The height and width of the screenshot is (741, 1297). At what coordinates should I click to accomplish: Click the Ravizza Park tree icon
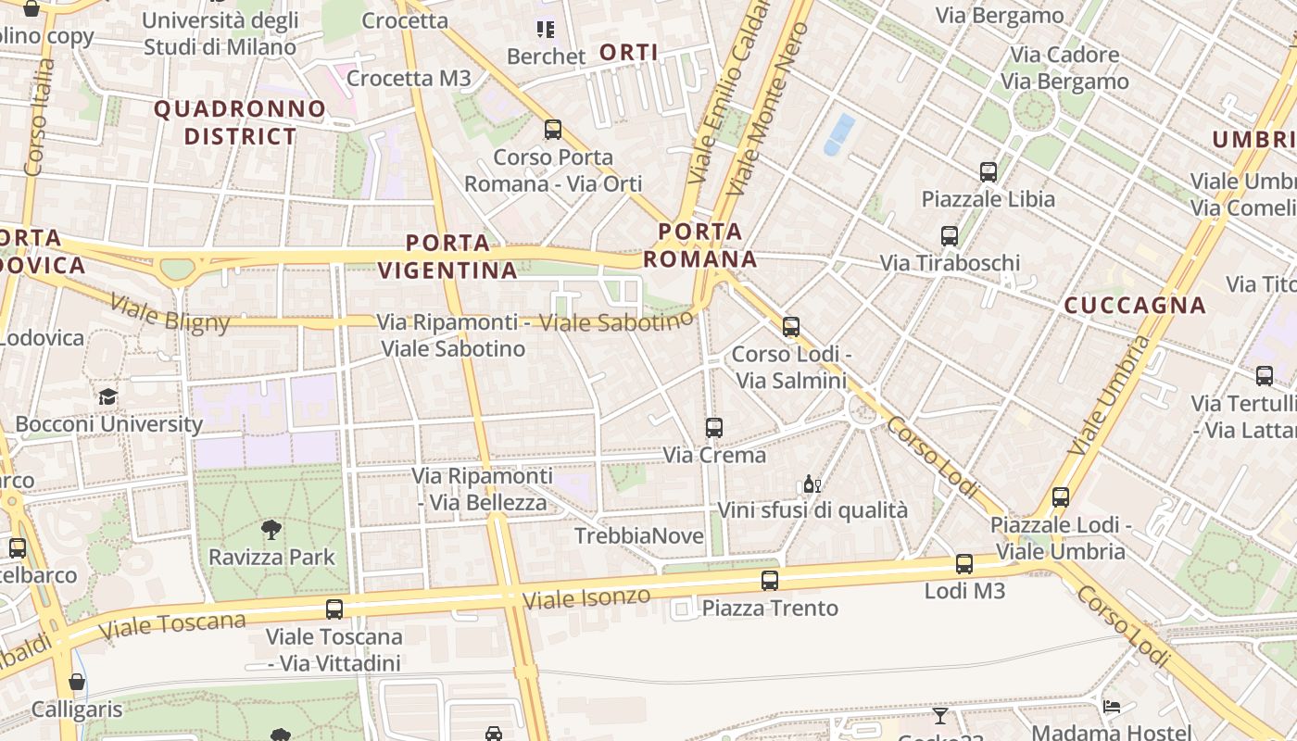click(271, 530)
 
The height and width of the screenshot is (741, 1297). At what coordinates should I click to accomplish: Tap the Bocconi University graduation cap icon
click(108, 397)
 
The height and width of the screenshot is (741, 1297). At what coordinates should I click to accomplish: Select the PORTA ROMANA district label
click(700, 245)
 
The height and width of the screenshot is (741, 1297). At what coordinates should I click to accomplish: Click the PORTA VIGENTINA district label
click(448, 257)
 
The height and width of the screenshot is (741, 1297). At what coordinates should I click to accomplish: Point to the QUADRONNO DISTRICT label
click(240, 122)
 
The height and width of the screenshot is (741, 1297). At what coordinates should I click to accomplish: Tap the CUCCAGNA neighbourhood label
click(1135, 305)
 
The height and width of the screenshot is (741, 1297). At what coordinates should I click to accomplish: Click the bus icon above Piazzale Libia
click(988, 172)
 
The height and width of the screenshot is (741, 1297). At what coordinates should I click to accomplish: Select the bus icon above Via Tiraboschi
click(949, 236)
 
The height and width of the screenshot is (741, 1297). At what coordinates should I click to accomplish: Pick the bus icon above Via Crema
click(713, 428)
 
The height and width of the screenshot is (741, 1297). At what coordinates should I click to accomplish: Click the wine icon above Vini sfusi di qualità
click(812, 484)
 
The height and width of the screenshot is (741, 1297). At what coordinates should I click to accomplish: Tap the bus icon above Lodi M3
click(963, 564)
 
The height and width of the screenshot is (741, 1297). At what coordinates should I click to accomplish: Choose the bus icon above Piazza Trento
click(769, 581)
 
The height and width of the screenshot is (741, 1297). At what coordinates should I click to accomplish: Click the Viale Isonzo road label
click(586, 597)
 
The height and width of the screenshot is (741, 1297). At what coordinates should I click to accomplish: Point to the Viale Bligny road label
click(170, 311)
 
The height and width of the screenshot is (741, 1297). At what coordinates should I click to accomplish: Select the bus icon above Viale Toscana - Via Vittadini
click(334, 609)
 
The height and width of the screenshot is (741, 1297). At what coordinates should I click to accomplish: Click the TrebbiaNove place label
click(638, 536)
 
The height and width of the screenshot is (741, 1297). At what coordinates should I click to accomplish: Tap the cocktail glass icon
click(940, 715)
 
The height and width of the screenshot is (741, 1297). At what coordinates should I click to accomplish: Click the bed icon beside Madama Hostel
click(1112, 707)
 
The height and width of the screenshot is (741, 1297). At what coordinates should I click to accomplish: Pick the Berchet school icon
click(546, 30)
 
